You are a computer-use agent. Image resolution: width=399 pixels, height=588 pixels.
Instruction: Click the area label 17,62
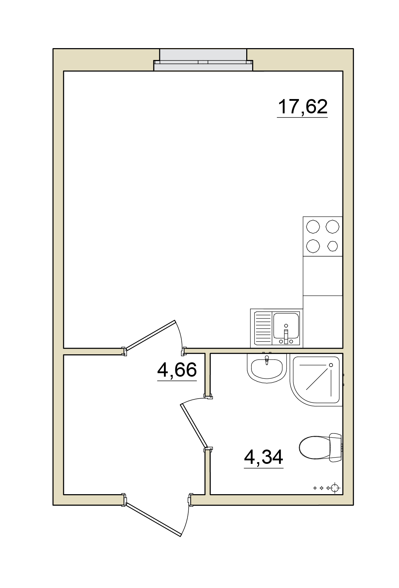coord(302,107)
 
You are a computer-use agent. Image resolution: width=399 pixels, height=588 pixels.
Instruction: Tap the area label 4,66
coord(177,370)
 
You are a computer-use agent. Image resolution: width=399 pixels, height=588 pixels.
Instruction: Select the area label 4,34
coord(264,457)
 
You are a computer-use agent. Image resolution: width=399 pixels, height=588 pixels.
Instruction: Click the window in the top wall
coord(203,60)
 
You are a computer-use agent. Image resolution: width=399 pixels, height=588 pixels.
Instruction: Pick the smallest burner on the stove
coord(332,246)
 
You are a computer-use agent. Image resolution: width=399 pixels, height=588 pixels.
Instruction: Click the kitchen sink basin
coord(286,325)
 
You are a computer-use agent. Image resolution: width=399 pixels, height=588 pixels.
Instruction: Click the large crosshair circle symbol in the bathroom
coord(334,488)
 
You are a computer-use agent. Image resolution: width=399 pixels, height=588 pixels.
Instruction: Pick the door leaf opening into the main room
coord(150,335)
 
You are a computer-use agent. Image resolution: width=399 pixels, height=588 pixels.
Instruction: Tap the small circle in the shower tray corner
coord(331,365)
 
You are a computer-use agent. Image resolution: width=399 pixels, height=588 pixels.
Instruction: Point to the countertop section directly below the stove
coord(323,276)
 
